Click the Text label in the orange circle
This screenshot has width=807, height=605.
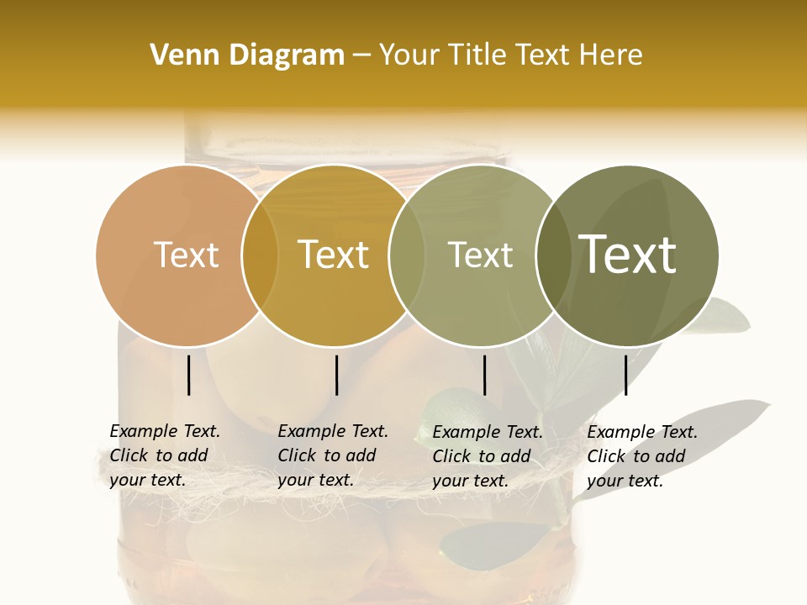point(186,255)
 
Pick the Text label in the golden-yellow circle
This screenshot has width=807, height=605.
point(334,255)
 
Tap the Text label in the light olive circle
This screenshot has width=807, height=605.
point(481,255)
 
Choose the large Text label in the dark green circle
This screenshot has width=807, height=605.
point(628,255)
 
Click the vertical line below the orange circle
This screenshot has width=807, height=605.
point(188,375)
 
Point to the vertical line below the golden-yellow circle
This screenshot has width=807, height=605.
point(336,375)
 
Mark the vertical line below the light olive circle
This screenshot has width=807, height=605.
point(484,375)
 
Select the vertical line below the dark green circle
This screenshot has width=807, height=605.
point(625,375)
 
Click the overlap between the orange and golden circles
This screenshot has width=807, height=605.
point(260,255)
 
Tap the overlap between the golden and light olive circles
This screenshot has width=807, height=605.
point(407,255)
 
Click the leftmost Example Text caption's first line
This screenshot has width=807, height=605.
point(165,431)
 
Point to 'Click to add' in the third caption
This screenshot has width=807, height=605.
point(482,456)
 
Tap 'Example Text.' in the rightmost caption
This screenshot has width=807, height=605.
point(642,432)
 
